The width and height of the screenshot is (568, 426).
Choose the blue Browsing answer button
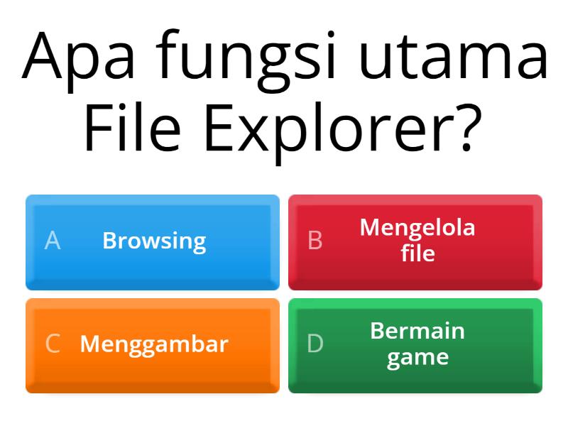[x=153, y=242]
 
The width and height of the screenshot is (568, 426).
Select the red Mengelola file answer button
[x=415, y=242]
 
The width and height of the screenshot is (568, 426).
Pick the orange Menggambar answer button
[x=153, y=345]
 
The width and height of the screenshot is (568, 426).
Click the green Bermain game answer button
[x=415, y=345]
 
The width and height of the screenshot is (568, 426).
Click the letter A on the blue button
[x=53, y=241]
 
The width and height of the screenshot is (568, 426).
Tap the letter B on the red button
[x=315, y=241]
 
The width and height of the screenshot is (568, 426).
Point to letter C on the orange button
[x=53, y=344]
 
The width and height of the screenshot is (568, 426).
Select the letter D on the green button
[x=315, y=344]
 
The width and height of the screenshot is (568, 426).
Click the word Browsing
[x=154, y=241]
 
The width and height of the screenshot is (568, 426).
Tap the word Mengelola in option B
[x=417, y=228]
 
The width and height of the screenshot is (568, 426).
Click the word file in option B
[x=417, y=253]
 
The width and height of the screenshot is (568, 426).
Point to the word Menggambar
[x=154, y=344]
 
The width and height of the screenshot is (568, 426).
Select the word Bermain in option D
[x=417, y=331]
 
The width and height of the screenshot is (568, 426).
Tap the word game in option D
[x=417, y=356]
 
